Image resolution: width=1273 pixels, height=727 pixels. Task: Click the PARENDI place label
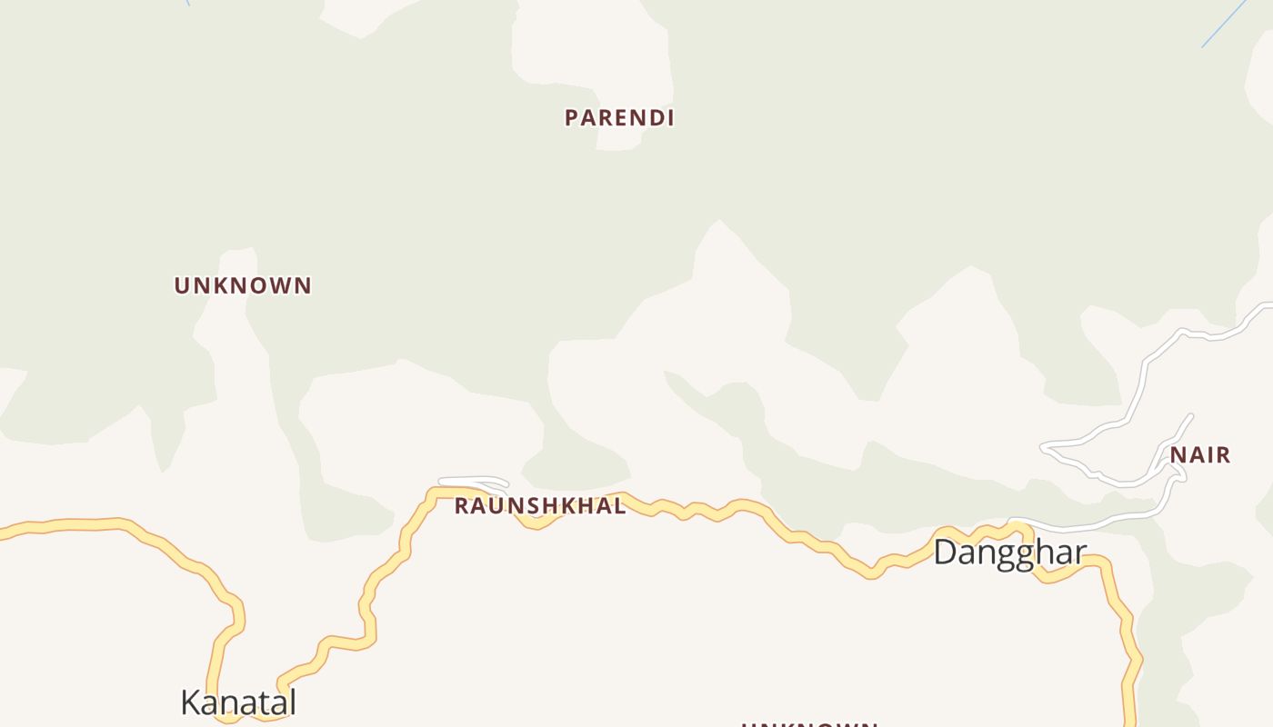[x=619, y=118]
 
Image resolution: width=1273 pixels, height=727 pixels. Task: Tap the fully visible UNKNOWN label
[x=243, y=285]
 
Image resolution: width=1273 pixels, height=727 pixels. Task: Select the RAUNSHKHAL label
[x=540, y=506]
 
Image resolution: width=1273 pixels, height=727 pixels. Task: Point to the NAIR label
[x=1200, y=455]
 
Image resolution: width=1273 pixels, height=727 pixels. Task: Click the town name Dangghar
[x=1009, y=553]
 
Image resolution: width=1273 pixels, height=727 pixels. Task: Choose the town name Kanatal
[x=238, y=702]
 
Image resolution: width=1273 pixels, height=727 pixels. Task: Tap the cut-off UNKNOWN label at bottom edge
[x=809, y=723]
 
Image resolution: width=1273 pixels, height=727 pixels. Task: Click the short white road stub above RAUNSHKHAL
[x=473, y=481]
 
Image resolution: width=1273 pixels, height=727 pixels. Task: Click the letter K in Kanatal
[x=191, y=702]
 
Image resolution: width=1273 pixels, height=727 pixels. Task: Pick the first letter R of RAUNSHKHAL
[x=461, y=506]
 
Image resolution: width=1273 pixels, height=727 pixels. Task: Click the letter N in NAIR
[x=1178, y=455]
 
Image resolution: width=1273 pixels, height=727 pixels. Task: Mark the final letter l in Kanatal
[x=292, y=702]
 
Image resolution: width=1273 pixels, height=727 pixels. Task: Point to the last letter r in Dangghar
[x=1080, y=553]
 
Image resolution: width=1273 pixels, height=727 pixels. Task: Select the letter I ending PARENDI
[x=669, y=118]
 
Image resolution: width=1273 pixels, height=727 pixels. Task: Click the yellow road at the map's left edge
[x=5, y=533]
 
